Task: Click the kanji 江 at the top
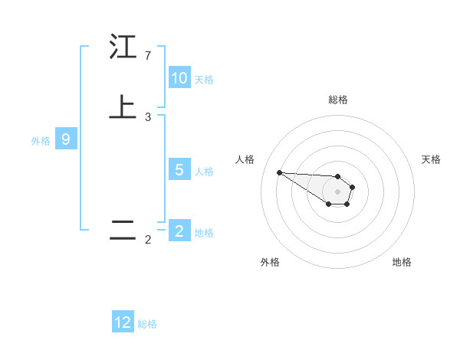123,48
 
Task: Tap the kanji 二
123,231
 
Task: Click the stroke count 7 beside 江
148,56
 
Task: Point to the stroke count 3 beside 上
148,117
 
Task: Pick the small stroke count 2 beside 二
148,240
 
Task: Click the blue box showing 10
179,78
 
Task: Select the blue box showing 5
179,170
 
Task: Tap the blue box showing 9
66,139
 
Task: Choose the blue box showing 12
123,322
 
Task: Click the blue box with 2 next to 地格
179,231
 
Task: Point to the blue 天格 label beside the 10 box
204,79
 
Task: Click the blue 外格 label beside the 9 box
41,140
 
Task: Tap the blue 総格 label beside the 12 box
147,324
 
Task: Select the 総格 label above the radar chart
338,100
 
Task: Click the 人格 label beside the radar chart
245,159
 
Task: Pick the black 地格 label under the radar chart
402,262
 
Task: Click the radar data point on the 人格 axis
279,172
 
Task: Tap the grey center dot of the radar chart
338,191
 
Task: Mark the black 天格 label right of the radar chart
431,159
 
